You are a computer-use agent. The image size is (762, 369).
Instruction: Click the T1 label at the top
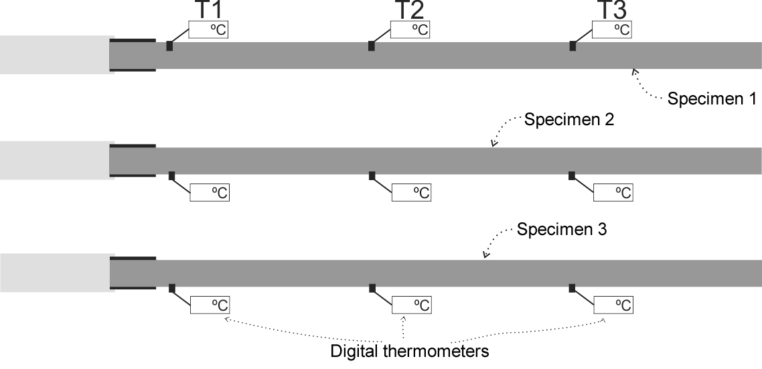point(208,10)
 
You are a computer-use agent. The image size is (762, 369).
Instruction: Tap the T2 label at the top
point(409,10)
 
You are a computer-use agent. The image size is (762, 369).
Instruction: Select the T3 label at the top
point(611,10)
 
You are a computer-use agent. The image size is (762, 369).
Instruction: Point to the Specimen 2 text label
point(568,120)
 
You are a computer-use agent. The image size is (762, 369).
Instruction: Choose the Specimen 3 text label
point(561,229)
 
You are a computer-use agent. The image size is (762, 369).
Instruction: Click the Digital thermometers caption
point(409,350)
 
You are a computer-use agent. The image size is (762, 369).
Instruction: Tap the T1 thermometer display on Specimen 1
point(208,29)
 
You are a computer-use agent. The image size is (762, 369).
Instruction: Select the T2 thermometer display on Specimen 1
point(410,29)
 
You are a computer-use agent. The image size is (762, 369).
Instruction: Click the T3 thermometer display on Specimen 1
point(612,29)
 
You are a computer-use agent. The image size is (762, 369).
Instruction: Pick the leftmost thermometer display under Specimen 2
point(210,192)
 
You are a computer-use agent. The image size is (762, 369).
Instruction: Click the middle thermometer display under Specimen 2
point(411,192)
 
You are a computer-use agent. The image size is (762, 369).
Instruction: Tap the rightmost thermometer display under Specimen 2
point(613,192)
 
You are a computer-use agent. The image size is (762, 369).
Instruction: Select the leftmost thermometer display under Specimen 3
point(210,305)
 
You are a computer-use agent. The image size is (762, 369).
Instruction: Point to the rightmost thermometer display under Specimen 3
point(613,305)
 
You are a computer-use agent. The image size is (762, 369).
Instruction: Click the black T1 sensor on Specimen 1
point(169,46)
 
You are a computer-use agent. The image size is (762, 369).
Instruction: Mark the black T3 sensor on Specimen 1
point(573,46)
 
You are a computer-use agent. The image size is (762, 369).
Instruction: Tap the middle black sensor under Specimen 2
point(372,176)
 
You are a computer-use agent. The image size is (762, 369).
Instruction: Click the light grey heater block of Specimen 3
point(57,273)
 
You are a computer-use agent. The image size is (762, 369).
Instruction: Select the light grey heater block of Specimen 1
point(57,54)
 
